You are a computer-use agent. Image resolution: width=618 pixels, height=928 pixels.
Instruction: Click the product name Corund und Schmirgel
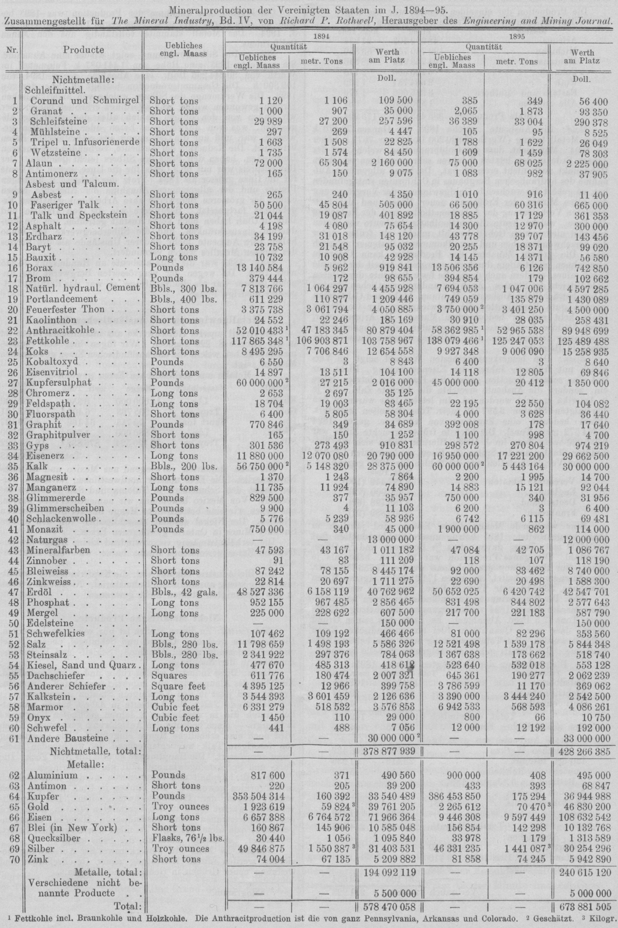coord(85,100)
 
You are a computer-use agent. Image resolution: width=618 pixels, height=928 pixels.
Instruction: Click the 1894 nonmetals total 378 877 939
coord(388,751)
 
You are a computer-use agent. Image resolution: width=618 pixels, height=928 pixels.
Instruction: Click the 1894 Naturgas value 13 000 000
coord(391,539)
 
